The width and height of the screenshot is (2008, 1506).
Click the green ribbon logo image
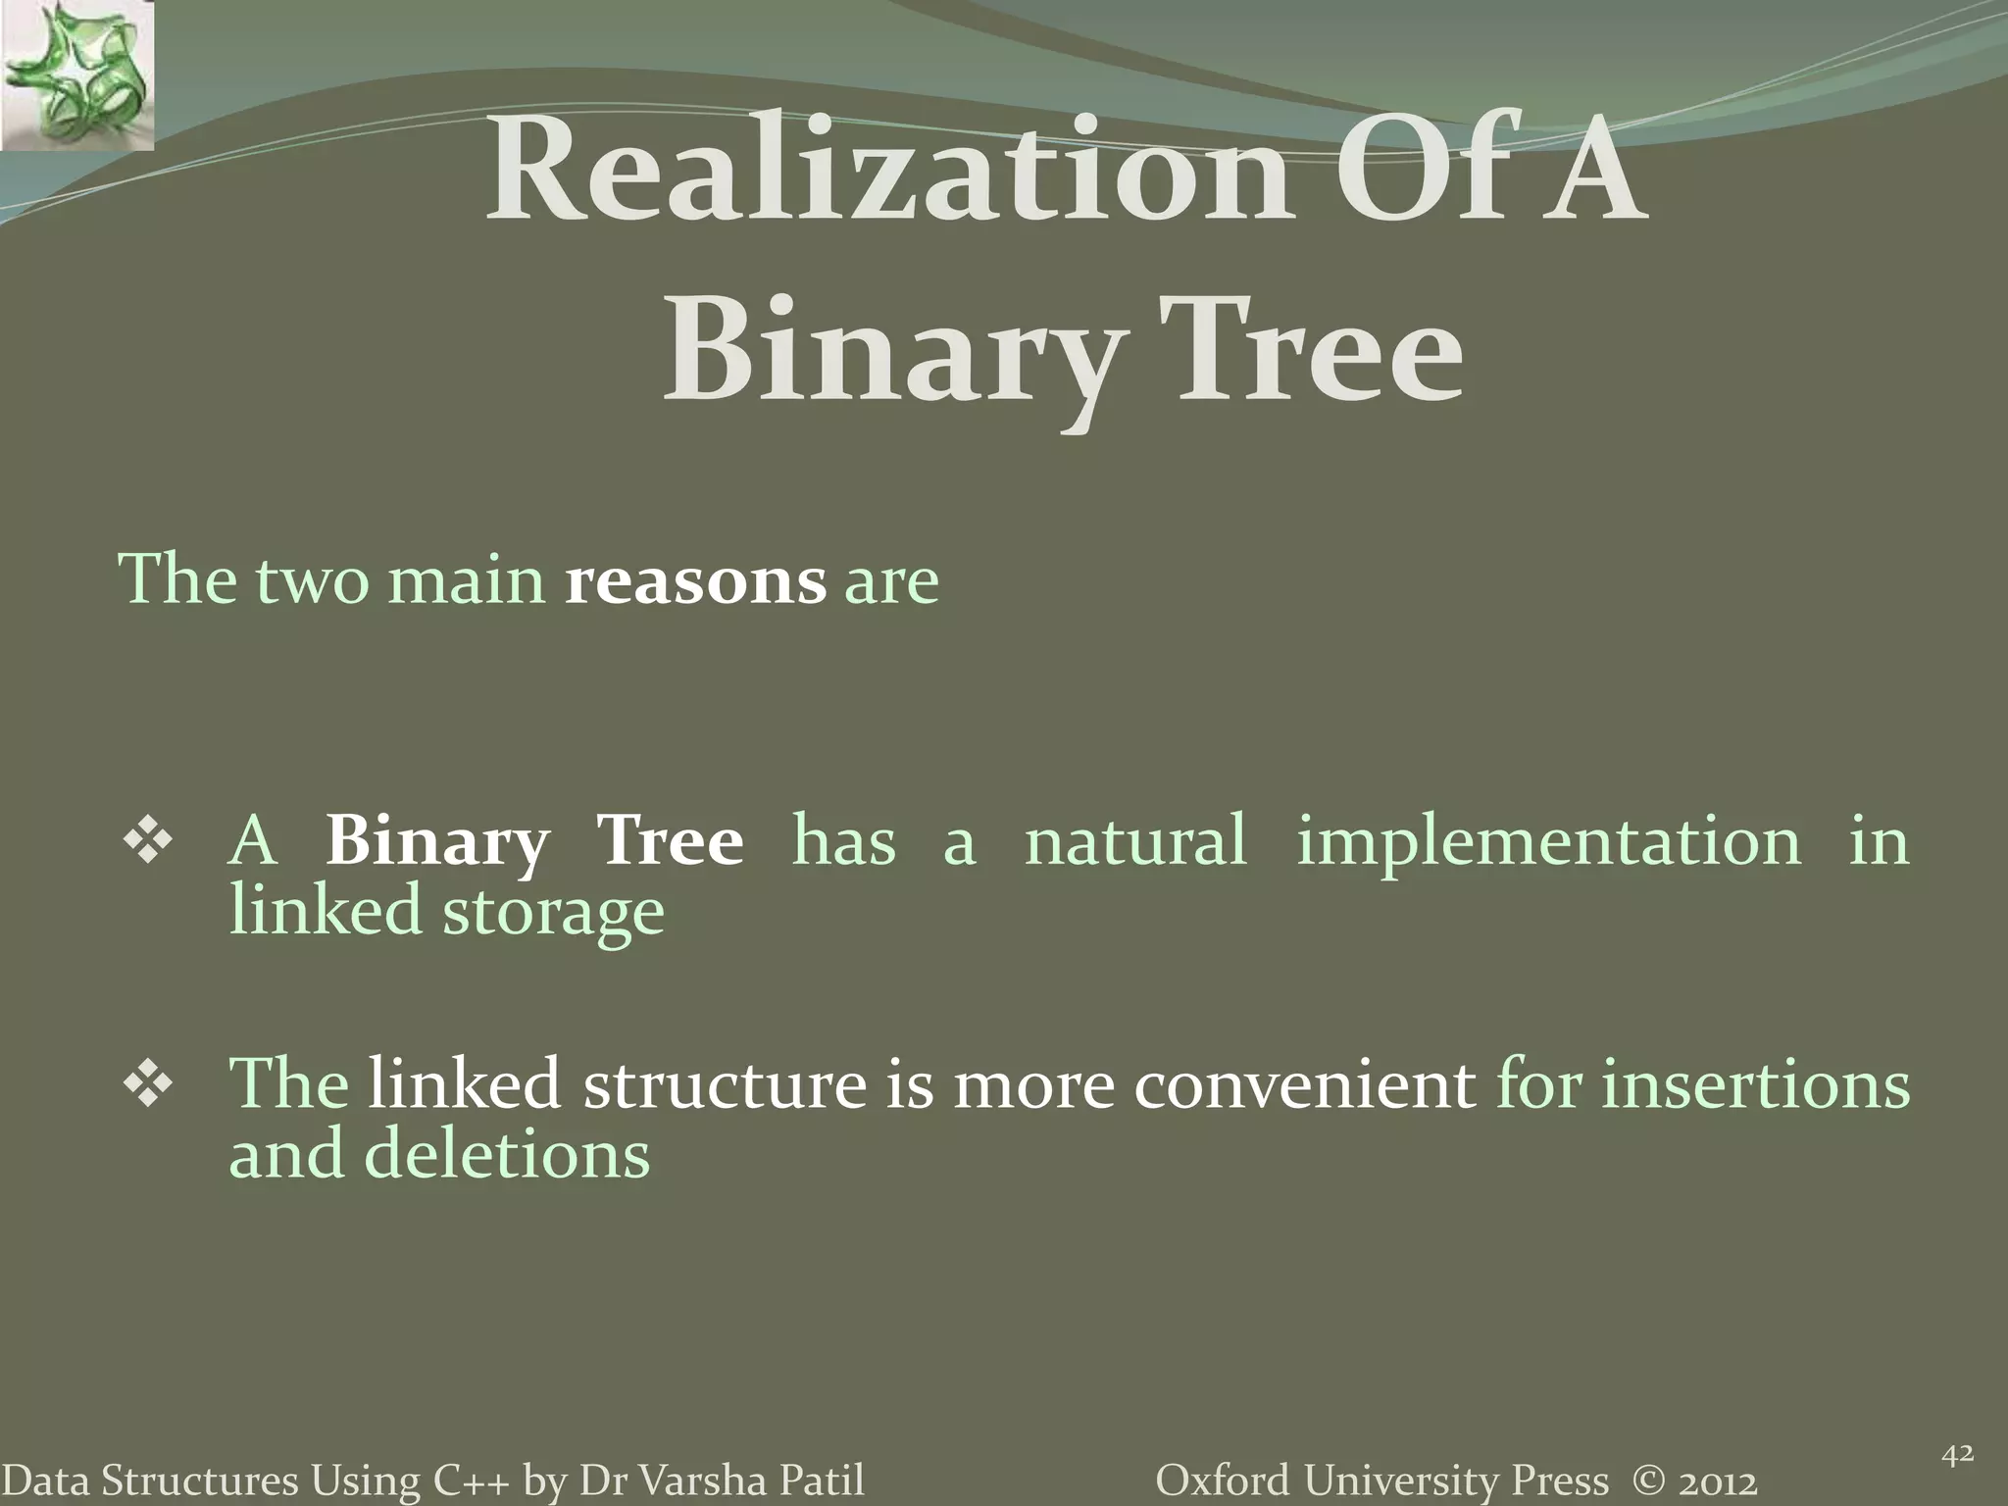[76, 75]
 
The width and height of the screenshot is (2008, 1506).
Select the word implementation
[1548, 841]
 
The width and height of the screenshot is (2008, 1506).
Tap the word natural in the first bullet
[1134, 841]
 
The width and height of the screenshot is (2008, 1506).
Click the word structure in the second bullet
[725, 1085]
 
